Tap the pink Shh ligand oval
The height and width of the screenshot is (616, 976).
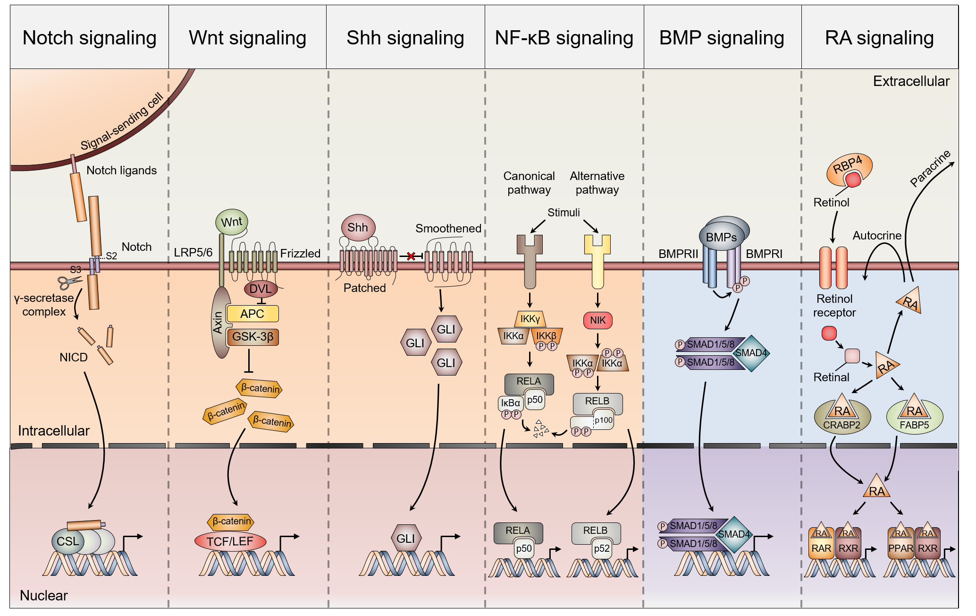358,227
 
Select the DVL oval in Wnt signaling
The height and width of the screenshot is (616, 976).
260,289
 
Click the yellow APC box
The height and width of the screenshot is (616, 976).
252,314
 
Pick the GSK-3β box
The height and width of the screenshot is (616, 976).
253,337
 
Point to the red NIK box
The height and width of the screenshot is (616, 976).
597,320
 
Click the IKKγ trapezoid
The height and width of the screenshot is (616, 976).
530,319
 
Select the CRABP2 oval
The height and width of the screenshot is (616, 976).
842,418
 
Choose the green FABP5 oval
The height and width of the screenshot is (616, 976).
914,418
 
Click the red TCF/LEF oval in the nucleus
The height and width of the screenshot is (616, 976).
230,541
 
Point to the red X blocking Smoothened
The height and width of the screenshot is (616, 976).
411,256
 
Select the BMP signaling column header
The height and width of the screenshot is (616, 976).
722,38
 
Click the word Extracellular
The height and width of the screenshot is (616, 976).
911,81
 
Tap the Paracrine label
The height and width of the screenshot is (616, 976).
930,169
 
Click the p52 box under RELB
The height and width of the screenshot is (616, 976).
602,548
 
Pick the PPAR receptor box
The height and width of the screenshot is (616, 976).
900,548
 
